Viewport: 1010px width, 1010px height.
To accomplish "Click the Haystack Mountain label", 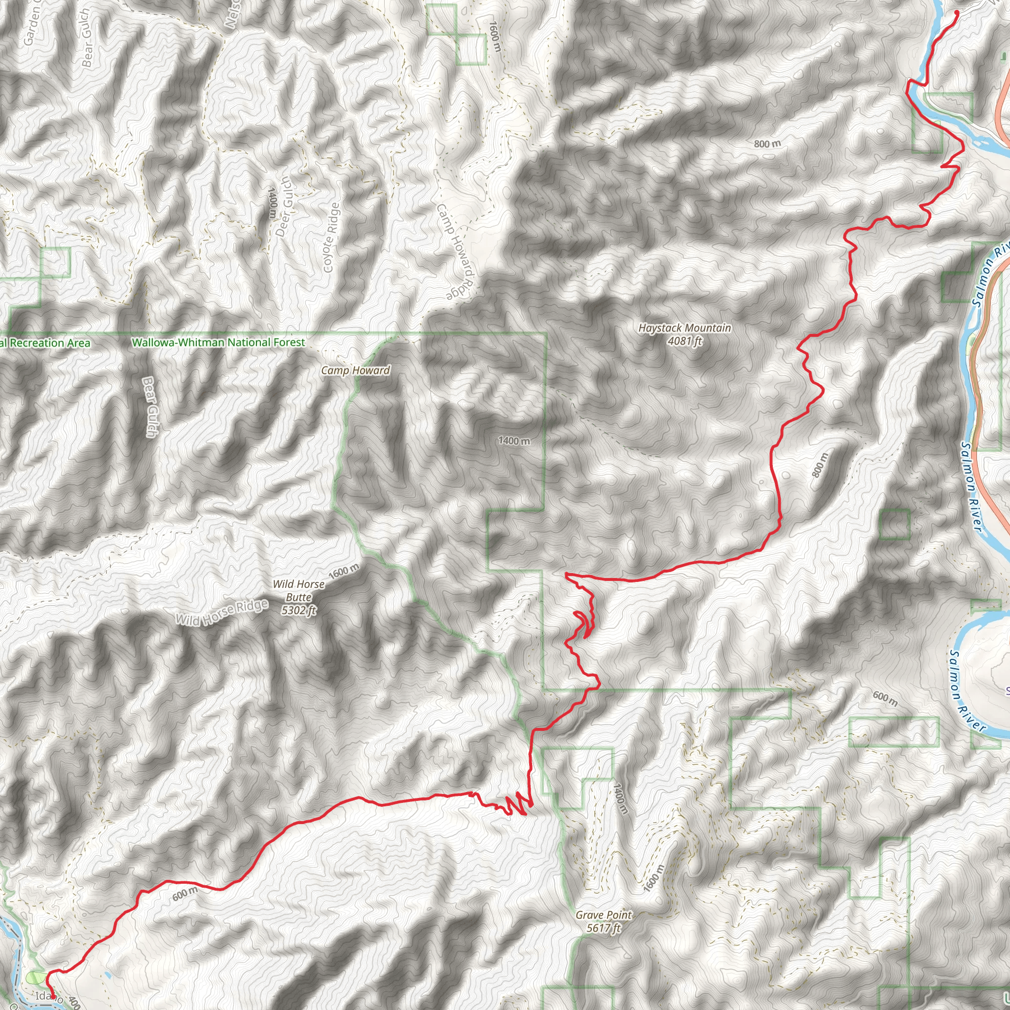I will pos(685,328).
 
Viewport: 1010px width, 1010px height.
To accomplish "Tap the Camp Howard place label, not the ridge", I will pos(356,371).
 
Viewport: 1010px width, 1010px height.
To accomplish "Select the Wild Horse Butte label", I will pos(298,591).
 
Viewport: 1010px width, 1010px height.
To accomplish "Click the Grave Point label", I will pos(604,915).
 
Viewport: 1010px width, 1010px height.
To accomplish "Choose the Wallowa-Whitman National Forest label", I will pos(218,342).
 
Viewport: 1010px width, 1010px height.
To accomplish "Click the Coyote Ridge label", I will pos(331,237).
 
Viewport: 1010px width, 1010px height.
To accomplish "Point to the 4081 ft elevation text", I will pos(685,341).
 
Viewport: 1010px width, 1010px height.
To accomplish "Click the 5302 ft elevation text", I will pos(299,610).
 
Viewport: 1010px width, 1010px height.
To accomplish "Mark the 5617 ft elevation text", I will pos(604,928).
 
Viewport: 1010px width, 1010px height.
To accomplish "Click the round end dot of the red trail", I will pos(957,12).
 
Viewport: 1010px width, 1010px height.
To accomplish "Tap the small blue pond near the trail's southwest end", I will pos(107,975).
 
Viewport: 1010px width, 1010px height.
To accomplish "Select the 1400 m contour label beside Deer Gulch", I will pos(272,203).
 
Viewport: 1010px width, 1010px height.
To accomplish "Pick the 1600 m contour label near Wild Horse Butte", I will pos(344,571).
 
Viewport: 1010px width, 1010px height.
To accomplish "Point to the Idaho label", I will pos(45,995).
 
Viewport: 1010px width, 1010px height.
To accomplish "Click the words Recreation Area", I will pos(50,343).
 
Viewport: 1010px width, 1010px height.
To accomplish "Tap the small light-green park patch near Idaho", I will pos(36,976).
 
